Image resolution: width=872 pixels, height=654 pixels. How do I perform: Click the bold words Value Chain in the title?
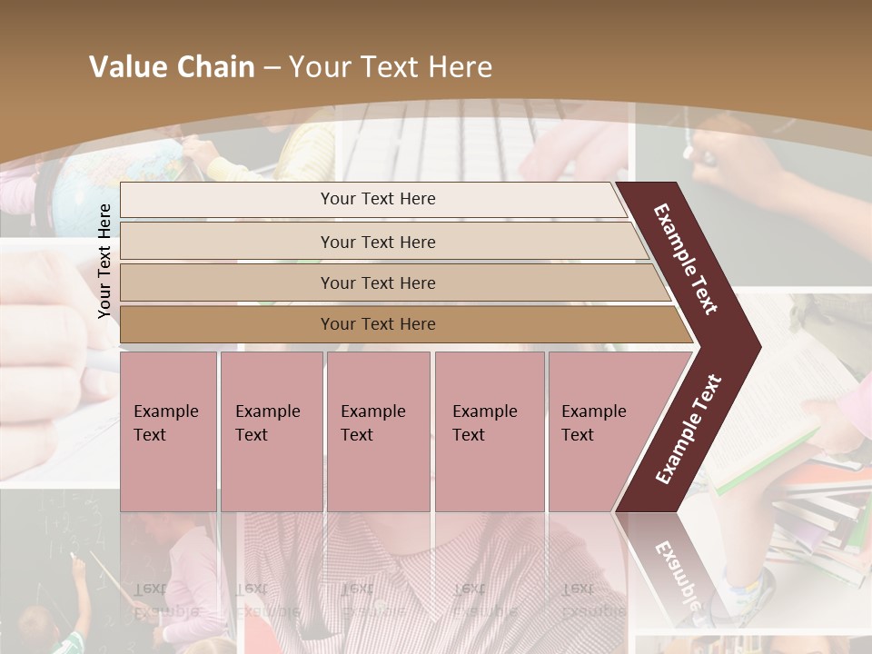(x=172, y=67)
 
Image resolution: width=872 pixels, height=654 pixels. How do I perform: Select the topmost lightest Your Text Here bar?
(x=378, y=199)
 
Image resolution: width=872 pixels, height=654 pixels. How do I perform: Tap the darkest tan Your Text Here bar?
(x=378, y=324)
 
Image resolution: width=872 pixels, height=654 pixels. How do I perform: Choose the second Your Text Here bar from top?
(x=378, y=242)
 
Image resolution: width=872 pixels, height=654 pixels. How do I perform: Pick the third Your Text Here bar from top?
(x=378, y=282)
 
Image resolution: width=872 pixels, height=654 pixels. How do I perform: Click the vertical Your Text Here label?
(x=104, y=261)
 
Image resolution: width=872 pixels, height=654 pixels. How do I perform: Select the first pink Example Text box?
(x=168, y=431)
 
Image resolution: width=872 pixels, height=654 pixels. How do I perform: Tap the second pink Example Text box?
(x=271, y=431)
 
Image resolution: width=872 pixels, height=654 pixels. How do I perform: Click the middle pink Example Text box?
(x=378, y=431)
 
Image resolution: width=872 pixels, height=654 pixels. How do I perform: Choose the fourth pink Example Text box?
(x=489, y=431)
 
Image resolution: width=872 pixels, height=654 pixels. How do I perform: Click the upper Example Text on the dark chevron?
(x=686, y=259)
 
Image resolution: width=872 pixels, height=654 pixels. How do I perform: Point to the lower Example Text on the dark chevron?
(x=689, y=430)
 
